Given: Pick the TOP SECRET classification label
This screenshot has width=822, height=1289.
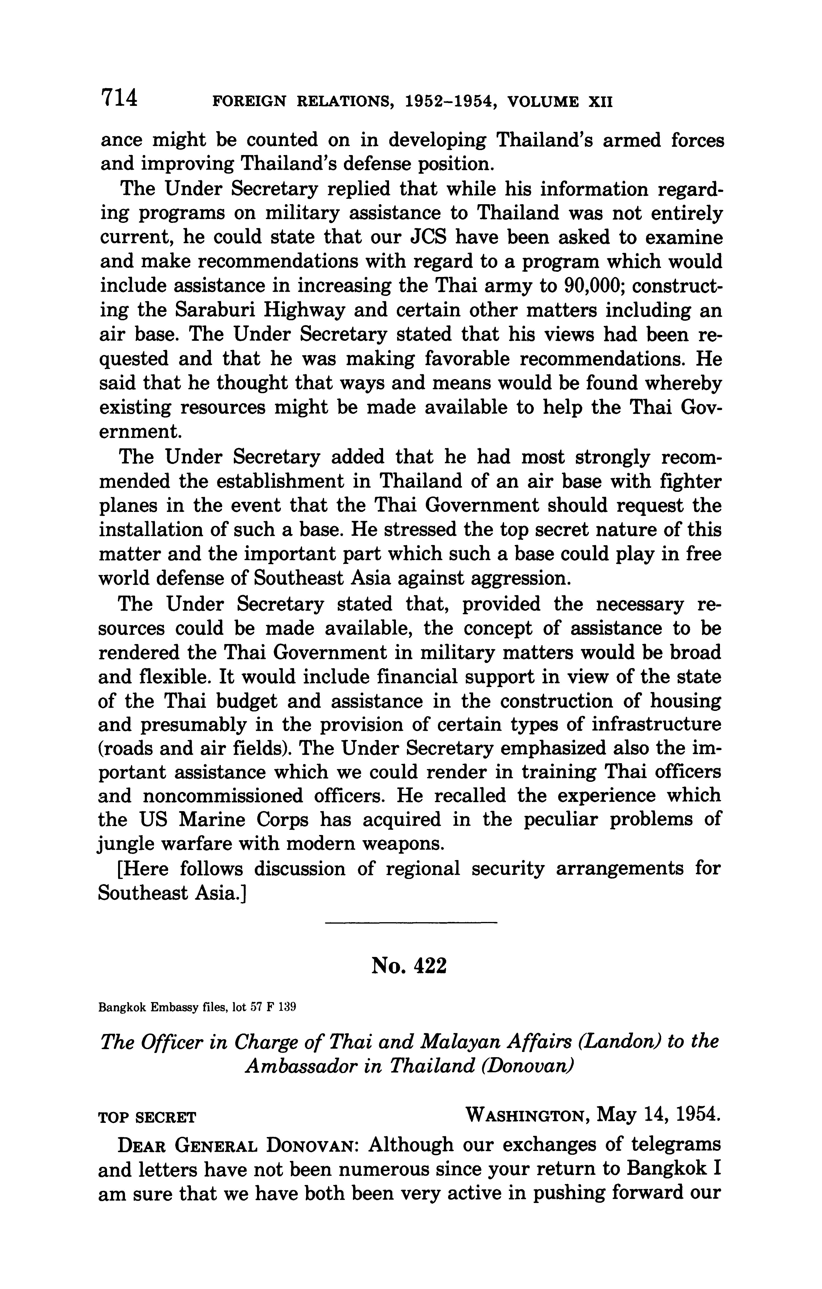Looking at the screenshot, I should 148,1118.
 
